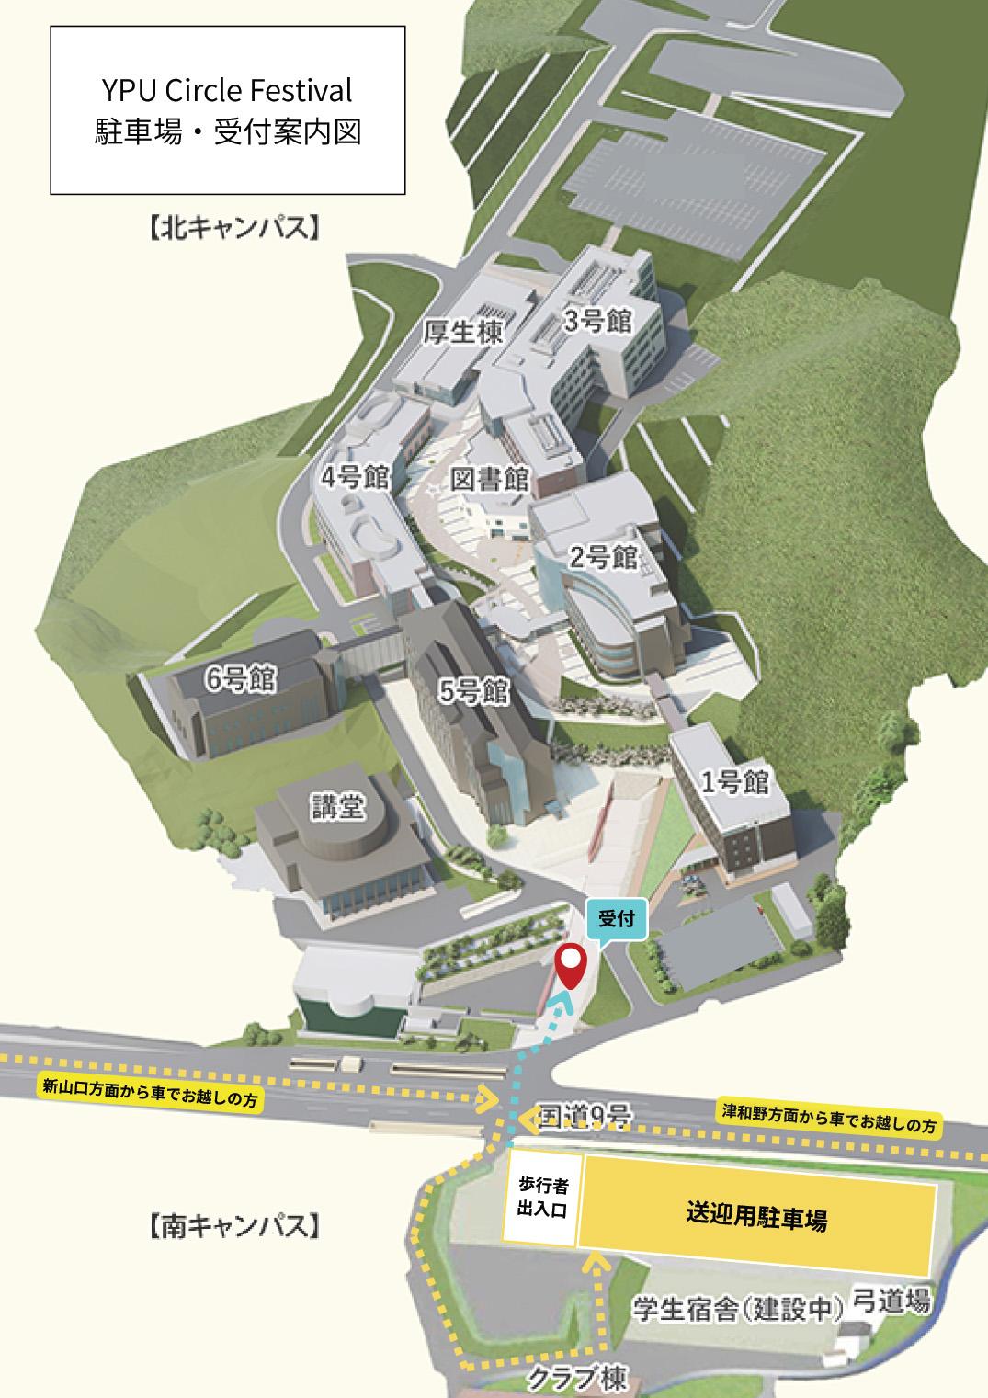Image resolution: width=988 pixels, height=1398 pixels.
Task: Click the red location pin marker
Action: (x=572, y=964)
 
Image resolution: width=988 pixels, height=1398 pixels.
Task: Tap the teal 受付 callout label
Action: (x=617, y=918)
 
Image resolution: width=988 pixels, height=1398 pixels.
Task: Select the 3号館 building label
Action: (x=598, y=322)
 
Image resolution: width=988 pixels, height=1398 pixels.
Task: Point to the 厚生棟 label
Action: (x=463, y=332)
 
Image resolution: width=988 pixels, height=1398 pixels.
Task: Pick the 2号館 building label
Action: (x=603, y=557)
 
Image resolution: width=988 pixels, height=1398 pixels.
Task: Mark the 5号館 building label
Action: (x=474, y=691)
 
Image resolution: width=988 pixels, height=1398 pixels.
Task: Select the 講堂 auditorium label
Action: (x=336, y=808)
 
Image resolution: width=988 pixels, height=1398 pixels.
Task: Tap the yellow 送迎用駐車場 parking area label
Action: (x=756, y=1218)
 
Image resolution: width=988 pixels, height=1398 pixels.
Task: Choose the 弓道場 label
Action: (x=891, y=1301)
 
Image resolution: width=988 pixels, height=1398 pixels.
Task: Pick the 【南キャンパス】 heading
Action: (x=235, y=1226)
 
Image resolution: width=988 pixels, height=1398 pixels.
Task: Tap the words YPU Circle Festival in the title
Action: (x=227, y=90)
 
